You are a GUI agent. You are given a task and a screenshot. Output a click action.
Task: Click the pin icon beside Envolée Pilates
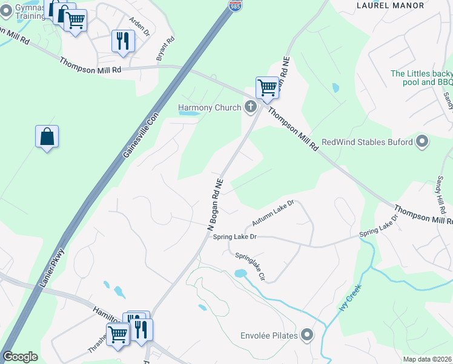(308, 335)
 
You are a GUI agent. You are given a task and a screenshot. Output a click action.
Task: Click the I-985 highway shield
(236, 5)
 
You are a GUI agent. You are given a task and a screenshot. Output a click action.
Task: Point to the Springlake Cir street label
(251, 266)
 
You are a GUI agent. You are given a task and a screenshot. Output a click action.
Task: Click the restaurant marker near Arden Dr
(123, 41)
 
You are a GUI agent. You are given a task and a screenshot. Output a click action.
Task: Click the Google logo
(21, 357)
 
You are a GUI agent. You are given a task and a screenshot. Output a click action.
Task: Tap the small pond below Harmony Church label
(189, 113)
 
